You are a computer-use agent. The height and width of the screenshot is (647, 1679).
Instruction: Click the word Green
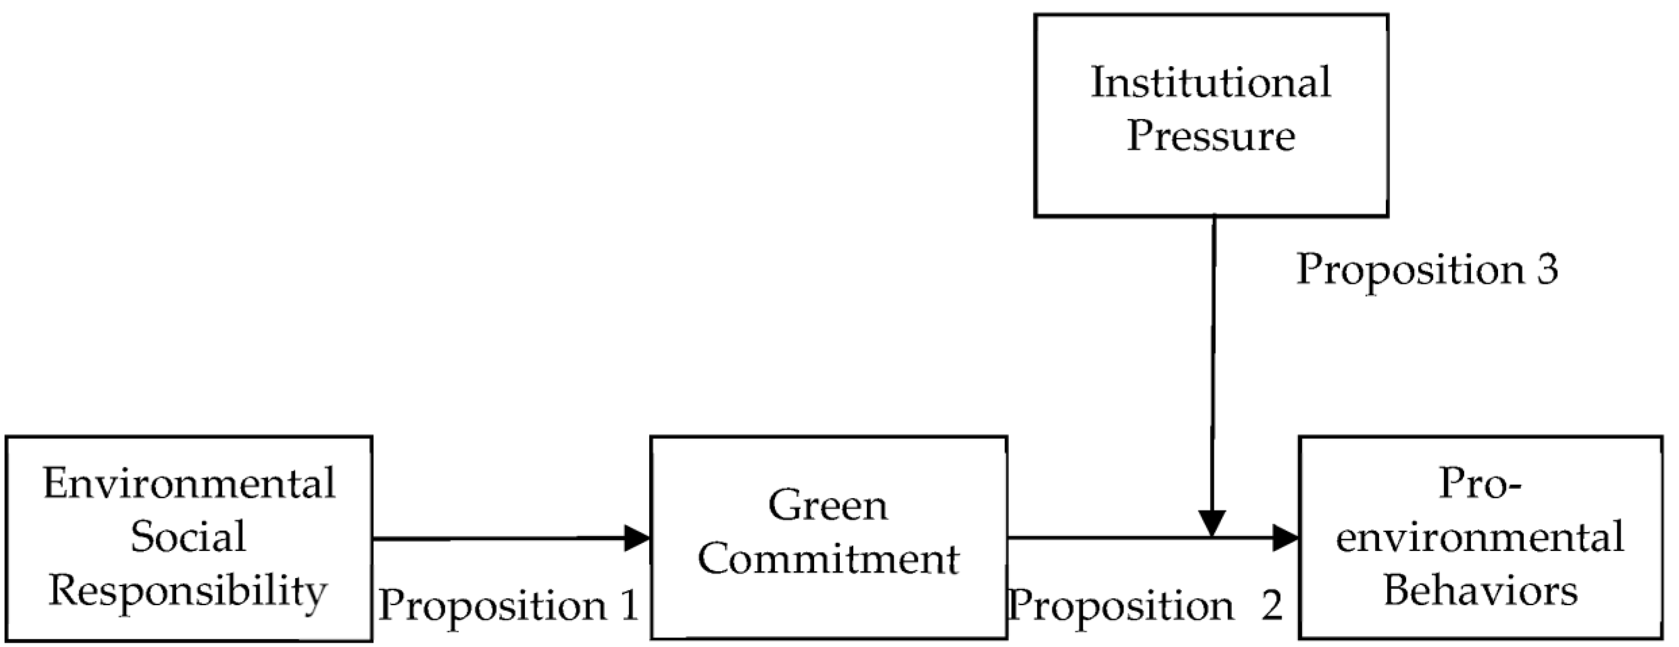828,506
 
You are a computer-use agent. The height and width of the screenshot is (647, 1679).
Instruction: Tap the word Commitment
828,560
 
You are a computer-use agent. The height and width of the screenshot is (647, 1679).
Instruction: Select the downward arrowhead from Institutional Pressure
1213,523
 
